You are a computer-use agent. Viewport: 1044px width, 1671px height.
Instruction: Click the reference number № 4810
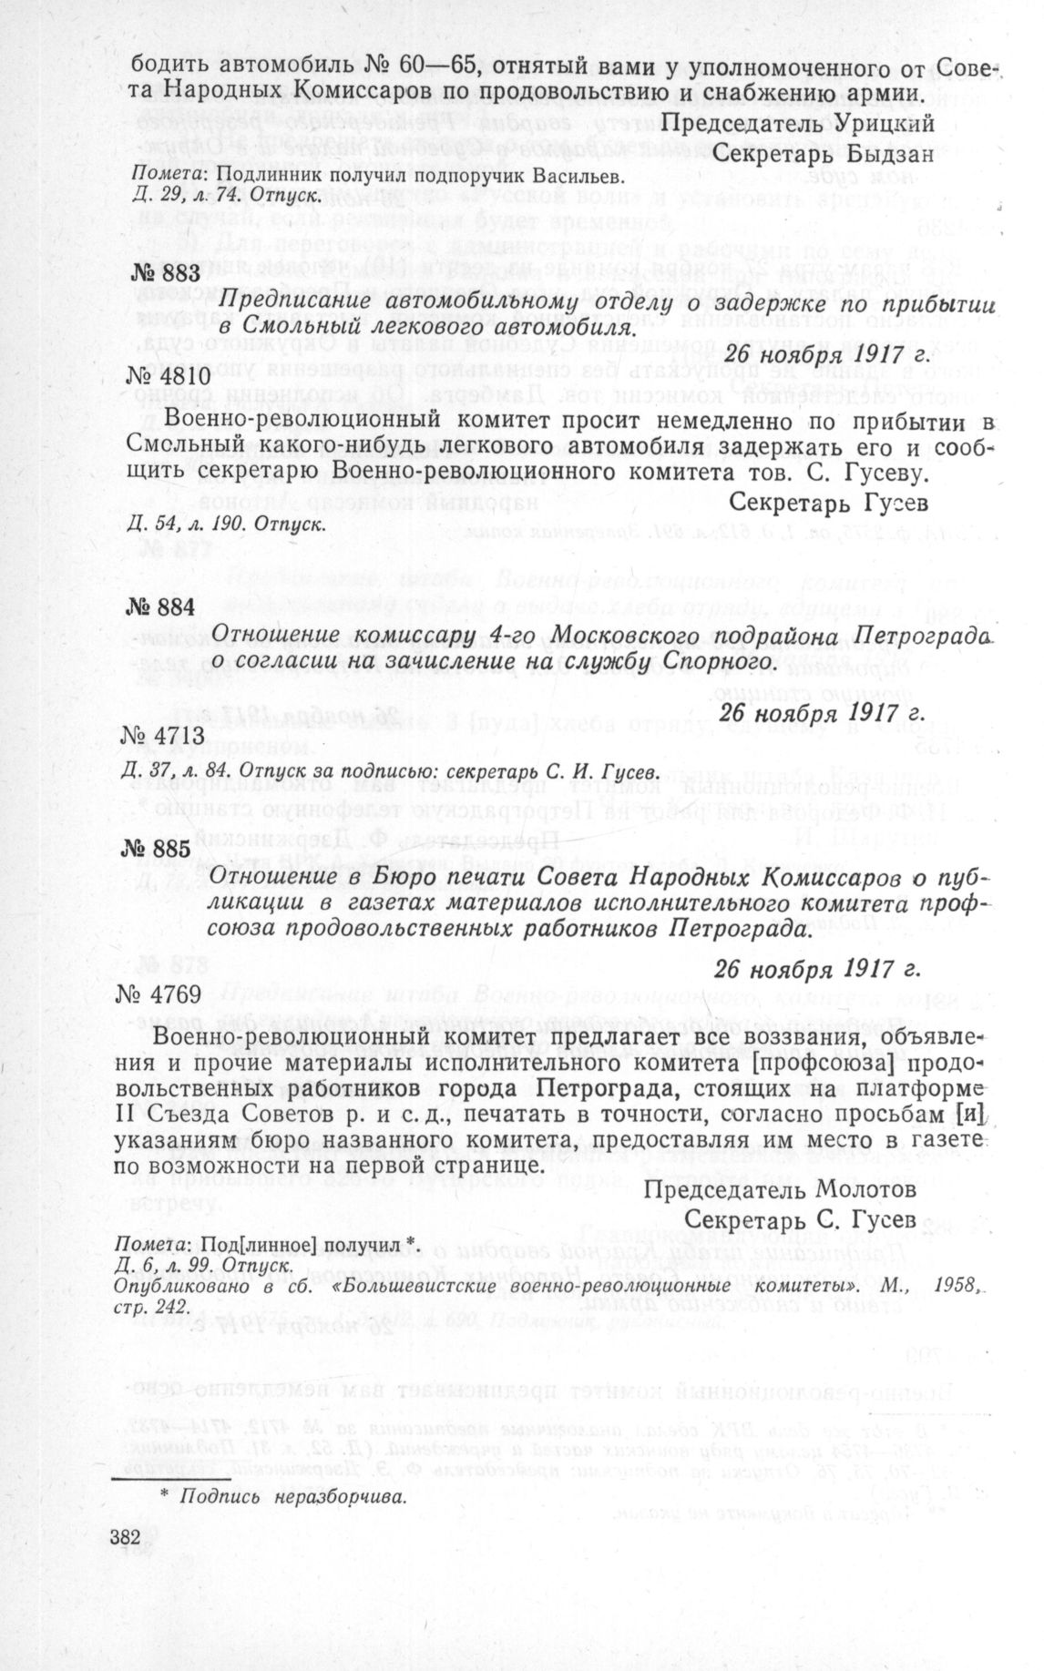(165, 375)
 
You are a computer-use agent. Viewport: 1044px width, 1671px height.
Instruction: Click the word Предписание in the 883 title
(295, 301)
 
